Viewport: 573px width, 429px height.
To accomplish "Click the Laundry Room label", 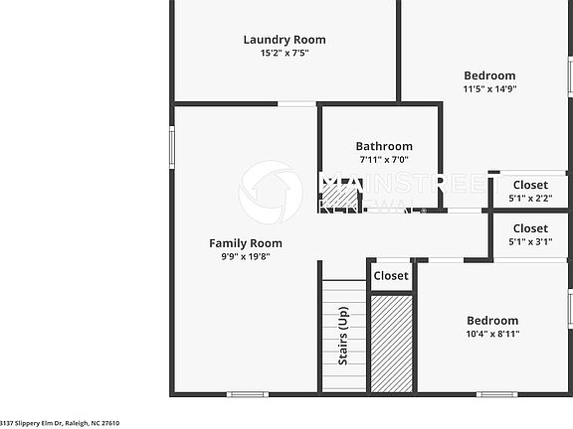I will coord(285,40).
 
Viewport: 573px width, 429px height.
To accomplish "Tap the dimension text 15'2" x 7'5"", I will coord(285,53).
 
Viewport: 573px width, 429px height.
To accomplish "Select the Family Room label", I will coord(245,243).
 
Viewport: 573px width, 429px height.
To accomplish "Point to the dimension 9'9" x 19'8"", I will coord(245,256).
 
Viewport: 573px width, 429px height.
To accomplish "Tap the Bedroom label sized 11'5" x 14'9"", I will coord(489,75).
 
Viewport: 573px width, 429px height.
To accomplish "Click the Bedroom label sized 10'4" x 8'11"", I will coord(492,321).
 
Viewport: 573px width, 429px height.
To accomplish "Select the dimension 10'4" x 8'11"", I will coord(492,334).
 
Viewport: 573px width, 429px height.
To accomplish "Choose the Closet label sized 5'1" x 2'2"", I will coord(530,185).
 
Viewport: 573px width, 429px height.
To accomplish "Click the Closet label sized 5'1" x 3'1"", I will coord(530,228).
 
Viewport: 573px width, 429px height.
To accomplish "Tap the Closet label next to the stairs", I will coord(391,276).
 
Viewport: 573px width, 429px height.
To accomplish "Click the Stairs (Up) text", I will coord(343,337).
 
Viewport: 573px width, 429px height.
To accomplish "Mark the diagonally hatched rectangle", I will coord(391,344).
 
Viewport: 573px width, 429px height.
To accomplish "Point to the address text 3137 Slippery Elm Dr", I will coord(60,423).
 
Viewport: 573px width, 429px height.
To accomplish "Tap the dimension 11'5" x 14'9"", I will coord(489,88).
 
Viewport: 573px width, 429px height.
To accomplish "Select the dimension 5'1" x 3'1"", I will coord(530,241).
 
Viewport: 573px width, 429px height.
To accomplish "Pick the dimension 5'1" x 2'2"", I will coord(530,198).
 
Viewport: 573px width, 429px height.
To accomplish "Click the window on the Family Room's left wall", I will coord(172,148).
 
